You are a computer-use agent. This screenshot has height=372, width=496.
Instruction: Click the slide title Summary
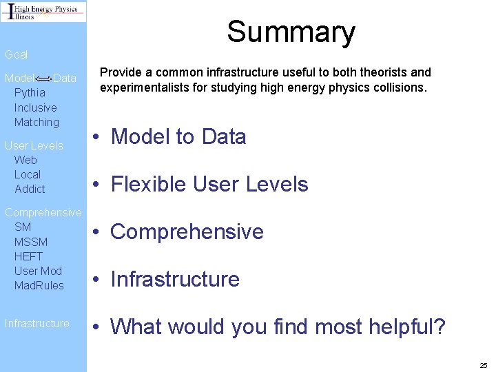291,32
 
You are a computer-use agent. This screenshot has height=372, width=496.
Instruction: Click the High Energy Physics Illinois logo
43,12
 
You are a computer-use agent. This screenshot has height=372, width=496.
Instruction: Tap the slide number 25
483,364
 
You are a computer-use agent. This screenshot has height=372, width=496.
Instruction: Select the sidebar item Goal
17,54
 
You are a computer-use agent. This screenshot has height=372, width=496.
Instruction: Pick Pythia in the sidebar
30,92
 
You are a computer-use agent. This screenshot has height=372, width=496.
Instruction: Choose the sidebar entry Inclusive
35,107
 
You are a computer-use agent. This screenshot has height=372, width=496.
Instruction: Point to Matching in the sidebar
37,123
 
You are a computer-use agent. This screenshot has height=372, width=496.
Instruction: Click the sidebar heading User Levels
34,145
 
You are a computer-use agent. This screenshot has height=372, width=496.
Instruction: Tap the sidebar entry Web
25,160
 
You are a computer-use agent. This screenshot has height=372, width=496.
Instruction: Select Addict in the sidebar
30,189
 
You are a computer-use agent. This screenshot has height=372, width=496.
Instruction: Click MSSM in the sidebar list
31,242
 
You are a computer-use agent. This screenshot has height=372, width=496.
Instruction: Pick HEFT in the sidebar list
28,256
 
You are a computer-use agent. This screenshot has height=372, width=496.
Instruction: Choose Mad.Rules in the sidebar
39,285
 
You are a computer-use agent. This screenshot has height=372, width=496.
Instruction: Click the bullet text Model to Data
178,137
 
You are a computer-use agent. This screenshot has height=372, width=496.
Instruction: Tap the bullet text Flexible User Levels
209,185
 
